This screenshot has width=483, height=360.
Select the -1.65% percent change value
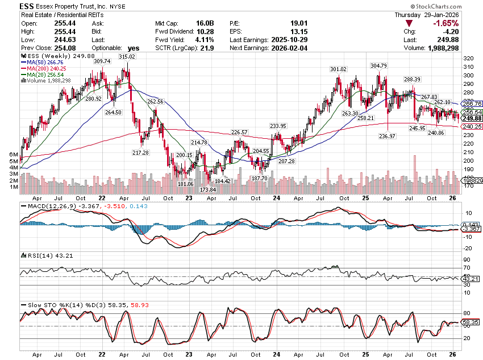coord(446,23)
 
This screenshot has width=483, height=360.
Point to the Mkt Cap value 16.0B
coord(189,23)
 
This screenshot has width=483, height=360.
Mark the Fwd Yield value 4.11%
coord(189,40)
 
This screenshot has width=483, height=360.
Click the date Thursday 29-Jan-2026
coord(436,14)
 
